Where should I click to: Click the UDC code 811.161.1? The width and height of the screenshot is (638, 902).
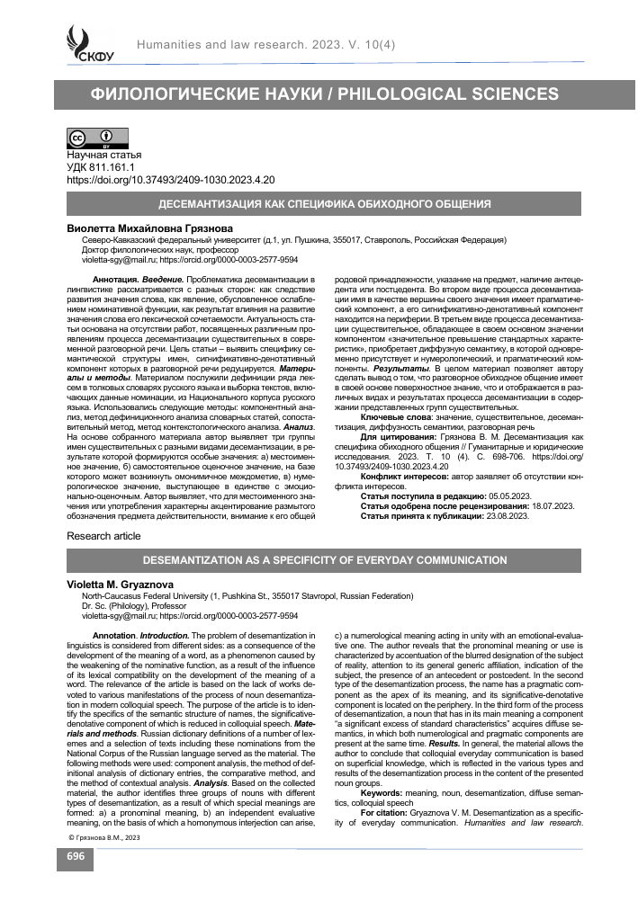(117, 167)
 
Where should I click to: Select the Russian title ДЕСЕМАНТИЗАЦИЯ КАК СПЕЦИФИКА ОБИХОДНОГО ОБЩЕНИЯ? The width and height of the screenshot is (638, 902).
(319, 204)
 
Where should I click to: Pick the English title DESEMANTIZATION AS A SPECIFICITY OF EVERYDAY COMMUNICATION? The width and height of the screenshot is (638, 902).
(319, 559)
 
